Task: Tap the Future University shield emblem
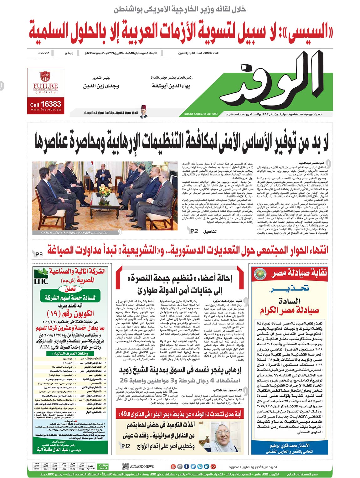(45, 76)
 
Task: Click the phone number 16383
(51, 104)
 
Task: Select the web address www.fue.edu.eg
(46, 110)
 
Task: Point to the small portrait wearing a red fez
(143, 112)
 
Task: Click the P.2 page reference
(194, 231)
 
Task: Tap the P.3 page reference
(39, 254)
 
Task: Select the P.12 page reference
(126, 446)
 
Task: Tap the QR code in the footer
(126, 466)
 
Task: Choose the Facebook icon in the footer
(186, 466)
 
